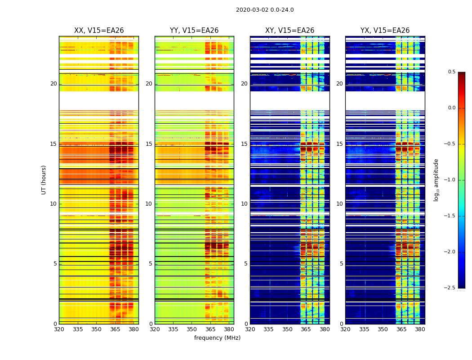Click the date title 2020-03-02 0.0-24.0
(x=265, y=10)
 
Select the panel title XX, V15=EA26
(x=99, y=31)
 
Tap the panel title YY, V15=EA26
(x=194, y=31)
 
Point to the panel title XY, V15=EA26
(x=289, y=31)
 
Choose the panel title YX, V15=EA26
(x=385, y=31)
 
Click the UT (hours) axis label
(x=44, y=180)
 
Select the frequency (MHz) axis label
(x=217, y=338)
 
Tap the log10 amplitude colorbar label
(x=436, y=180)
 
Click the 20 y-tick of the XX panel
(x=53, y=84)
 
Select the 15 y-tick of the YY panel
(x=149, y=144)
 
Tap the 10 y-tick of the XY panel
(x=244, y=204)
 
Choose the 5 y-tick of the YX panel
(x=342, y=264)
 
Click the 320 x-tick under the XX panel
(x=59, y=329)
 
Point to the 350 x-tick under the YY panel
(x=192, y=329)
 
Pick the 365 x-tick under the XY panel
(x=306, y=329)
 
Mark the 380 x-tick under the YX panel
(x=420, y=329)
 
